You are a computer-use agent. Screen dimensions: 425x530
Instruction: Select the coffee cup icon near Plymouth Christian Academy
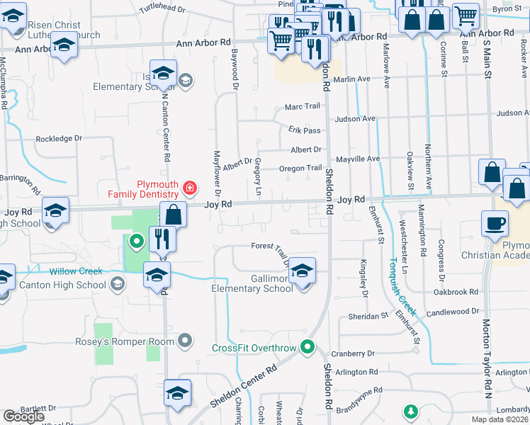495,223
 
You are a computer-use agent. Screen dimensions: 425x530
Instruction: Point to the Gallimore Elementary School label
252,283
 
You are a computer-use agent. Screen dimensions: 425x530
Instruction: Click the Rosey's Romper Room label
125,341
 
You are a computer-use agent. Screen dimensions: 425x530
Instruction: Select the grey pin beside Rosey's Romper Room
186,341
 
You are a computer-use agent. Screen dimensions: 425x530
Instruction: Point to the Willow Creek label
76,271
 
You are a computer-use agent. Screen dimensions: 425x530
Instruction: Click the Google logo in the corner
23,416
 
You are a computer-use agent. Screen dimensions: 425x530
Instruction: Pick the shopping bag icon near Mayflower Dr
172,214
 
